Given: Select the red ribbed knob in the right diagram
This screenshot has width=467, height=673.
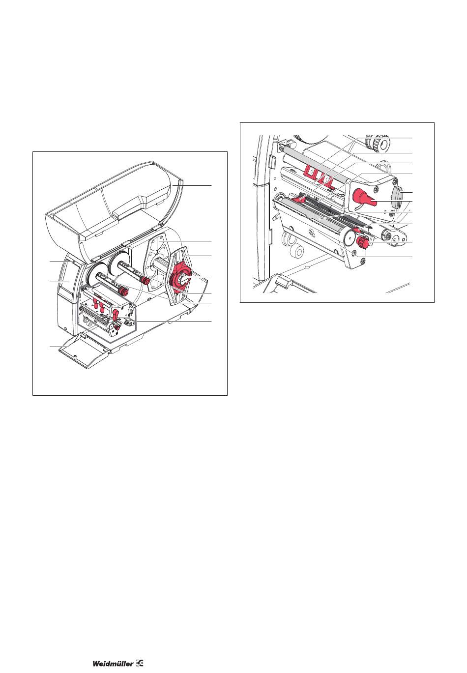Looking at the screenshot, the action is point(363,241).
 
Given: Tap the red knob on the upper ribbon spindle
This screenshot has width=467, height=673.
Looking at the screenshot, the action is point(146,281).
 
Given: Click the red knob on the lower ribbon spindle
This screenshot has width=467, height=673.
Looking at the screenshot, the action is point(122,291).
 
